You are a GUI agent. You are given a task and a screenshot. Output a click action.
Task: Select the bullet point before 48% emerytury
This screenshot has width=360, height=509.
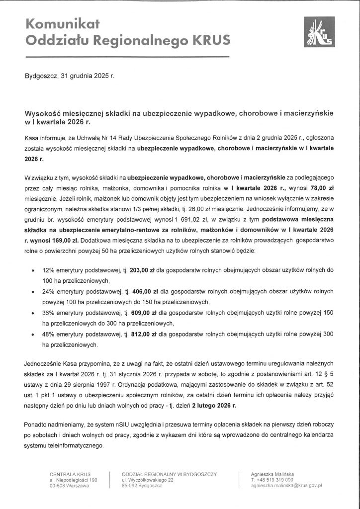click(32, 335)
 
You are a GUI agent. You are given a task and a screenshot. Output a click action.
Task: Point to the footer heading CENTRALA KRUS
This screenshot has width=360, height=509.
click(70, 474)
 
